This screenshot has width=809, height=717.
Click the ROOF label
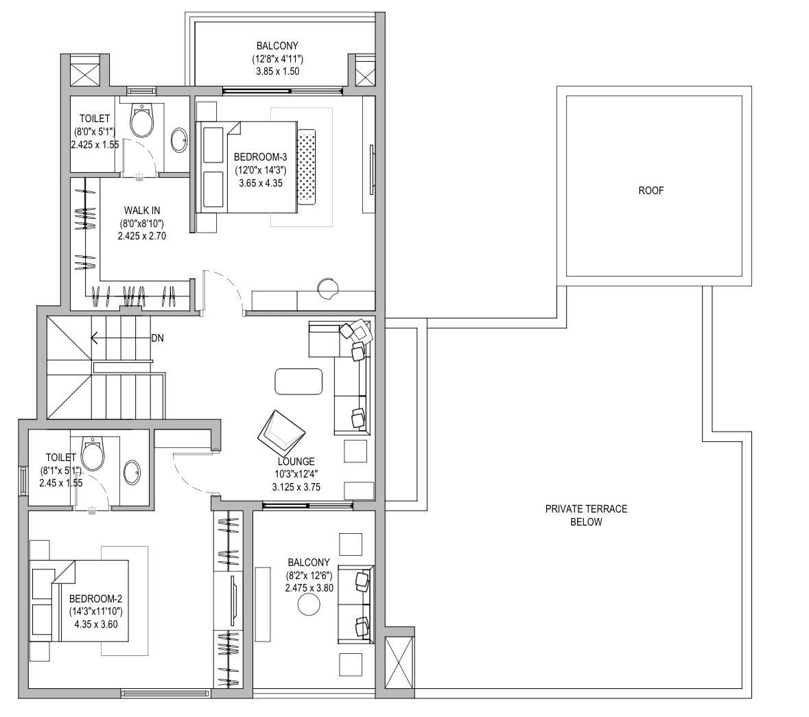click(650, 191)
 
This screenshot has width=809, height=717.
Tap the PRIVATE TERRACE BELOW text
click(586, 515)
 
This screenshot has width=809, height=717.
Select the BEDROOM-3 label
click(260, 157)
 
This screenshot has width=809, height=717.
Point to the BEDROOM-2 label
click(95, 599)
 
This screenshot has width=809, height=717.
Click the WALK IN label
click(142, 211)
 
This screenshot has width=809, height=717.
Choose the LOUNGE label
click(296, 462)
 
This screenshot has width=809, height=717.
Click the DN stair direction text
click(157, 338)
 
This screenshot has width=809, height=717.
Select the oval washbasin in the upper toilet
click(179, 140)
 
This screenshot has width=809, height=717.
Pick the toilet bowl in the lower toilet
click(93, 454)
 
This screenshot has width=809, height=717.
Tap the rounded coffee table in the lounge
click(298, 381)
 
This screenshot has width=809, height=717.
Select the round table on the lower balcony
click(309, 604)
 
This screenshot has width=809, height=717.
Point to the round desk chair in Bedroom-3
click(327, 289)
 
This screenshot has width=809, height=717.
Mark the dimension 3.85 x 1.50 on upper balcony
click(278, 71)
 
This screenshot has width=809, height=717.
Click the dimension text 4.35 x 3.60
click(96, 624)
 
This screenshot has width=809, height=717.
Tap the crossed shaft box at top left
click(84, 74)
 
